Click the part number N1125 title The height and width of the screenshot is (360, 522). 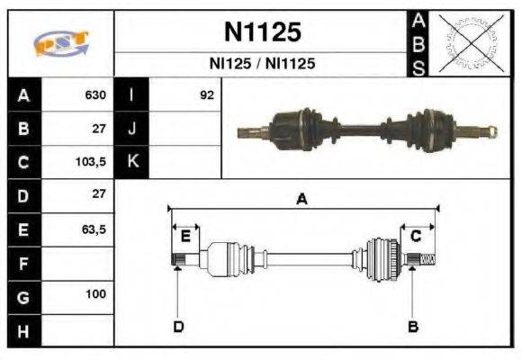(262, 33)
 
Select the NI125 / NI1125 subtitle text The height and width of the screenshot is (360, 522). (262, 65)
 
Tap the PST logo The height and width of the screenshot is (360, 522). (59, 43)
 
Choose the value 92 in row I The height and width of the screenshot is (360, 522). (206, 95)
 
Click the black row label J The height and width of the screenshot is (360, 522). (132, 129)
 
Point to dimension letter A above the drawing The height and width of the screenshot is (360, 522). (302, 200)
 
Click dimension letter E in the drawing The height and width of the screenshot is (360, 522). (184, 236)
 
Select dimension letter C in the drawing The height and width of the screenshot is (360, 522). (416, 236)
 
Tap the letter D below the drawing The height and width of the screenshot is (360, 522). (178, 326)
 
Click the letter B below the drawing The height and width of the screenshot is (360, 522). (413, 326)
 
